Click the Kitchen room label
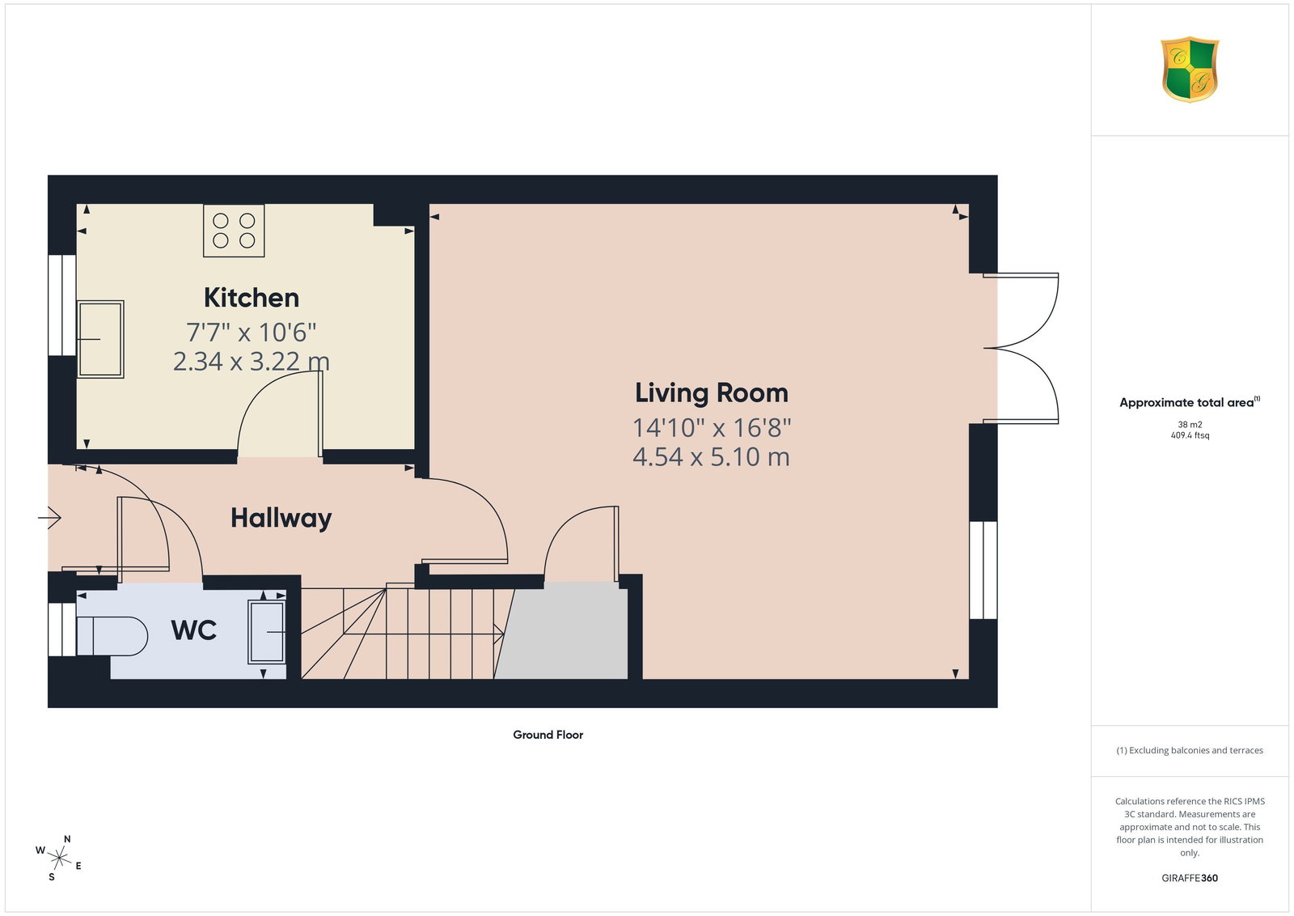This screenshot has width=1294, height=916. tap(252, 298)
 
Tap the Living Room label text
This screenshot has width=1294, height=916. tap(711, 393)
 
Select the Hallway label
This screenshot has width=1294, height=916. tap(281, 518)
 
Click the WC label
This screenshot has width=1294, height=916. tap(193, 630)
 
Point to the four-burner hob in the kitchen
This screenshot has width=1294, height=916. tap(234, 231)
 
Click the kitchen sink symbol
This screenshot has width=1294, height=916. tap(100, 339)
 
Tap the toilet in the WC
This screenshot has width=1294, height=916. tap(112, 636)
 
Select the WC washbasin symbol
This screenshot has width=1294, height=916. tap(267, 632)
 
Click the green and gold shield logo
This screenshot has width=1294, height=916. tap(1190, 70)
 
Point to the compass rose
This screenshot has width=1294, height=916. tap(59, 859)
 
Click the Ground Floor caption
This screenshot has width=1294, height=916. tap(548, 735)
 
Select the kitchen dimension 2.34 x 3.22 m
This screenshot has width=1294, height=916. tap(252, 362)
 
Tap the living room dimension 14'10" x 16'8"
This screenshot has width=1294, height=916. tap(712, 428)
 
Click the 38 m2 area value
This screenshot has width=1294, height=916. tap(1190, 424)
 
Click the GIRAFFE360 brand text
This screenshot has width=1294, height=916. tap(1190, 878)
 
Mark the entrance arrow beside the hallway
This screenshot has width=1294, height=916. tap(49, 517)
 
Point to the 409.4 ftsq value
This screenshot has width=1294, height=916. tap(1190, 435)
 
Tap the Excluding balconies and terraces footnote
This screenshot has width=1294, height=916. tap(1190, 750)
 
